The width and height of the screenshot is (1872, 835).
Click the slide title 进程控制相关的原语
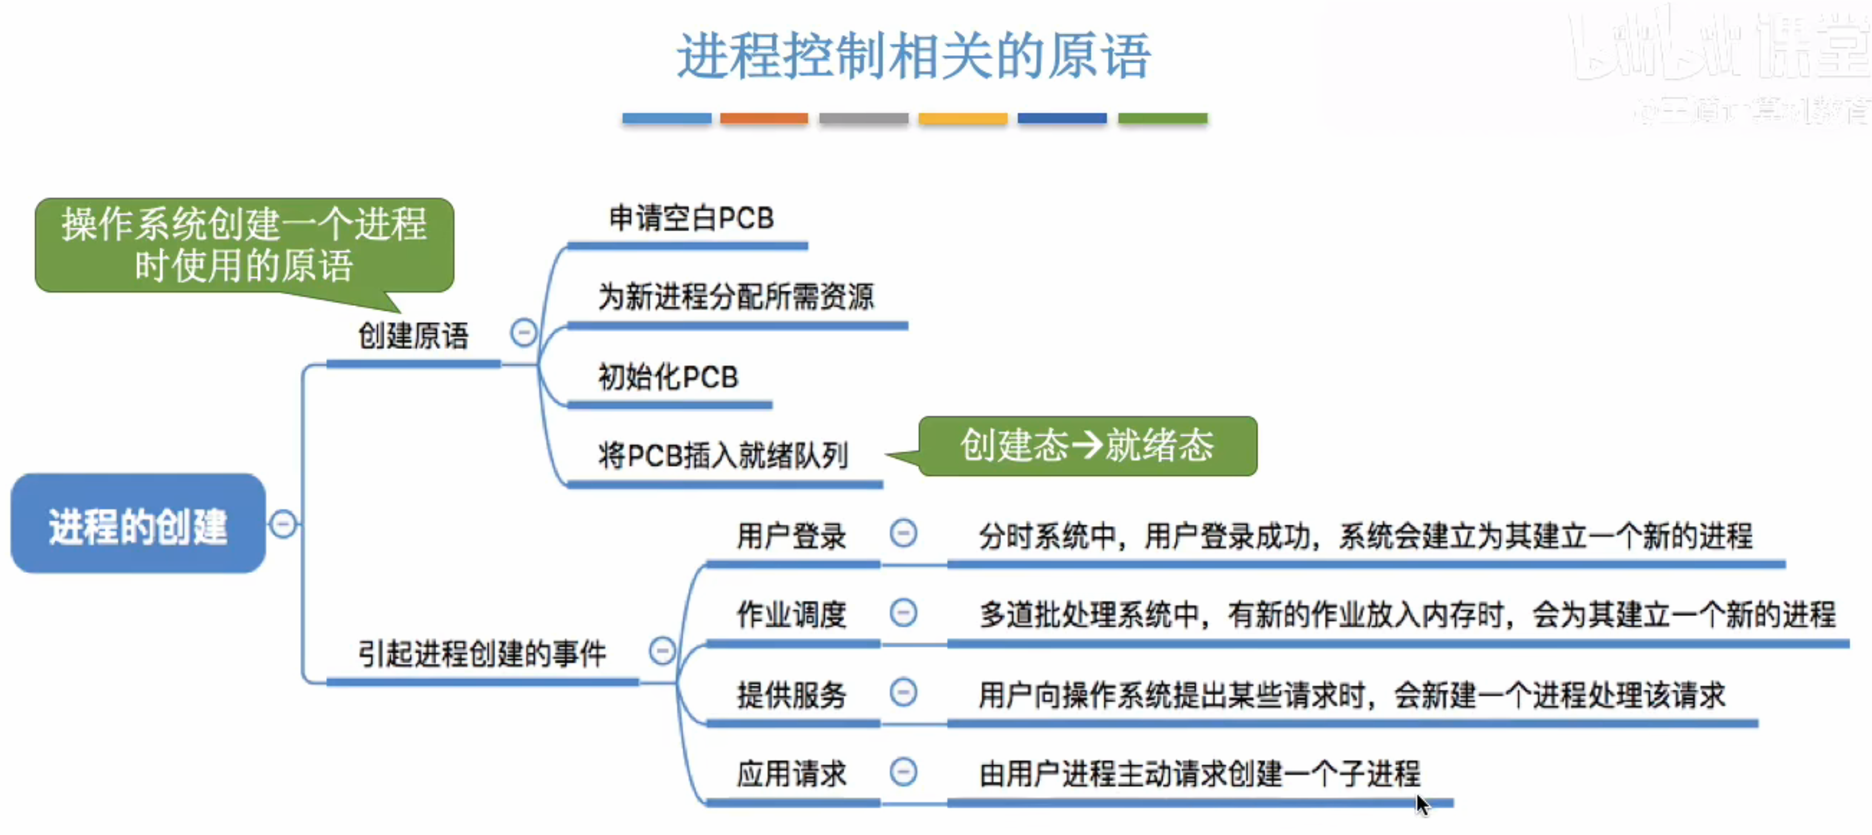coord(914,56)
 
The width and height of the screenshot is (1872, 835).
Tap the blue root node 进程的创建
coord(138,525)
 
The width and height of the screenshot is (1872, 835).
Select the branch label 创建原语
coord(413,336)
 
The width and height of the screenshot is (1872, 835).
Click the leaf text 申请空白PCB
coord(691,218)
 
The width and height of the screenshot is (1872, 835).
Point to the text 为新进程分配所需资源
coord(736,297)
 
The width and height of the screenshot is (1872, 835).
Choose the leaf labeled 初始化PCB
coord(668,377)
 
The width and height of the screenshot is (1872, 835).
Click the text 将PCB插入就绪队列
coord(722,456)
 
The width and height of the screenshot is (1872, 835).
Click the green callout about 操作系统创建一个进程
coord(244,245)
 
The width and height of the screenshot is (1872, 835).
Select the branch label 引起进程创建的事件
coord(482,654)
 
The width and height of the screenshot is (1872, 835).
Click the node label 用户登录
coord(791,536)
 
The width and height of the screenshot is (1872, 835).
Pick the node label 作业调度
coord(791,615)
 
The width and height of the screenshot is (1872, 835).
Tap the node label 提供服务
coord(791,695)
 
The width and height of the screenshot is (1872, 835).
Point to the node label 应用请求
coord(791,773)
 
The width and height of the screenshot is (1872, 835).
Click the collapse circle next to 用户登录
coord(903,533)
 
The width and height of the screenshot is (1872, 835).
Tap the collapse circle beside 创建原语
coord(523,333)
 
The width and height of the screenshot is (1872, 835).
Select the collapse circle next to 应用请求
coord(903,771)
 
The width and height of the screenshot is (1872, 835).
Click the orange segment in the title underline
coord(763,118)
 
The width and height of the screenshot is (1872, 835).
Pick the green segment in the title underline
coord(1162,118)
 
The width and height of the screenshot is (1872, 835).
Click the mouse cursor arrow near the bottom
coord(1421,805)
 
